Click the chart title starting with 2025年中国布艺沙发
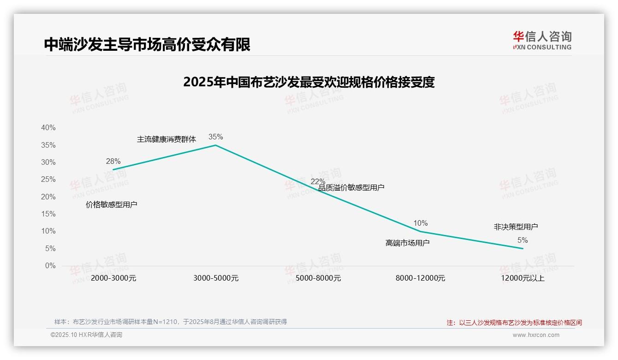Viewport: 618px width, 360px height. (309, 82)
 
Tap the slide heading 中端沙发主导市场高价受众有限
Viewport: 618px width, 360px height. (147, 44)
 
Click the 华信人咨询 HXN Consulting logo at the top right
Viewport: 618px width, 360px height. (542, 40)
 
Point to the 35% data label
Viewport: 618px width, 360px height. (215, 137)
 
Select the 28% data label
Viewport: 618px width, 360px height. (113, 161)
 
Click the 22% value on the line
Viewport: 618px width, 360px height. (318, 181)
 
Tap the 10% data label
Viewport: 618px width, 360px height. (420, 223)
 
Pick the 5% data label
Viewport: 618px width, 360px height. (523, 240)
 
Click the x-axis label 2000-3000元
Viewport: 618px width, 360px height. (113, 278)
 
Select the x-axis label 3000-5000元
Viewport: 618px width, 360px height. (216, 278)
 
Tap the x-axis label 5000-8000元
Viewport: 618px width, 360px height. (318, 278)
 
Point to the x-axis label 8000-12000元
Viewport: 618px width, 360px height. (420, 278)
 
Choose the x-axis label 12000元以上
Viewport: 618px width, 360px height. (523, 278)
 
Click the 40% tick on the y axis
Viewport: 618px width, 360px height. (48, 128)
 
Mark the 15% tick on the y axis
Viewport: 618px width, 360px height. (48, 214)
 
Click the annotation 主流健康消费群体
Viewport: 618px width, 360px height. (166, 139)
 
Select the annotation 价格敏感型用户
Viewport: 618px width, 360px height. (112, 204)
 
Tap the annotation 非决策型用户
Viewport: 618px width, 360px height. (516, 227)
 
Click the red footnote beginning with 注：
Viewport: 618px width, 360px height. (514, 323)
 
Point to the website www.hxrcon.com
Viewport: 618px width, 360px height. (536, 335)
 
